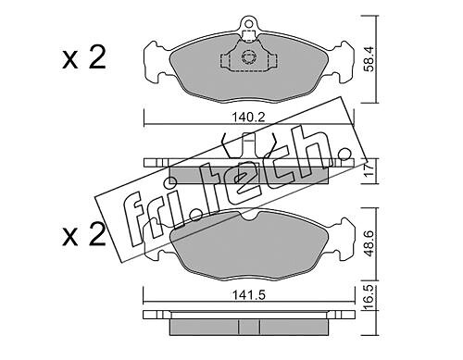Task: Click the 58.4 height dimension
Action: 369,59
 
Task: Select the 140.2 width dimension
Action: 248,118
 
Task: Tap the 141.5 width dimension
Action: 249,295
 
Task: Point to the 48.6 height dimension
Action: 369,243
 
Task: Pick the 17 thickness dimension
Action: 369,170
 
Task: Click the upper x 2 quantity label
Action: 84,57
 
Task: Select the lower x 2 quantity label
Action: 84,234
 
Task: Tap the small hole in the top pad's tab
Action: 248,22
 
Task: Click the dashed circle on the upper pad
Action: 248,57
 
